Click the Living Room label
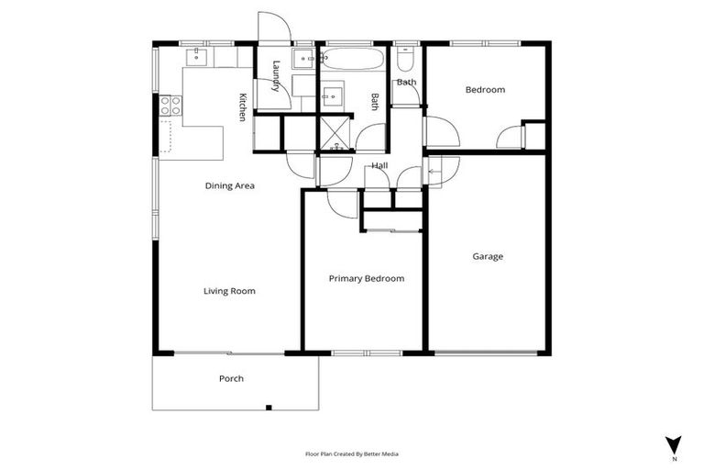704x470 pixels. (x=229, y=291)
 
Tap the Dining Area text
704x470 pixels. (x=229, y=185)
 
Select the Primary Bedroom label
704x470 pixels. (x=367, y=278)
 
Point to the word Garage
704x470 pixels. (x=488, y=256)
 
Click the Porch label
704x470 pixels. (x=231, y=378)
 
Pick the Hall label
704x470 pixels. (x=379, y=165)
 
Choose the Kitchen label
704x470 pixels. (x=242, y=106)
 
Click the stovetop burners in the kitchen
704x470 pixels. (x=170, y=106)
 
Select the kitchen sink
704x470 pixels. (x=196, y=57)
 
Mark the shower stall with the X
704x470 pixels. (x=335, y=133)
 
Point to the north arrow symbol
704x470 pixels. (x=674, y=444)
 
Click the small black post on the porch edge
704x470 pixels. (x=268, y=407)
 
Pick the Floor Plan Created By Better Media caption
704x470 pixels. (x=352, y=453)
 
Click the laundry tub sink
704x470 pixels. (x=304, y=59)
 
